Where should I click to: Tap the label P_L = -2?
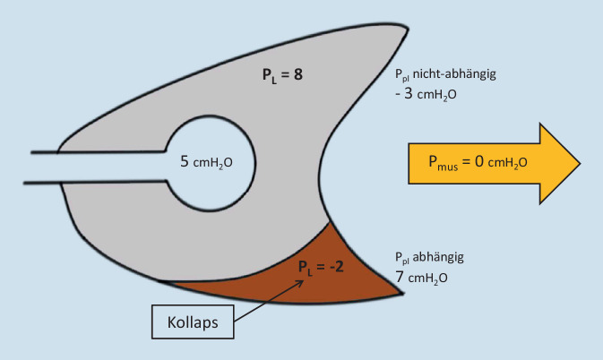(x=317, y=265)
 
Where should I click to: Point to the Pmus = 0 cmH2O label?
(x=478, y=162)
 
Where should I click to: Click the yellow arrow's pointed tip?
(x=578, y=162)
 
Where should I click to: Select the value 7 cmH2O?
(x=426, y=279)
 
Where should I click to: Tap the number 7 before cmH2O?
(x=400, y=278)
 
